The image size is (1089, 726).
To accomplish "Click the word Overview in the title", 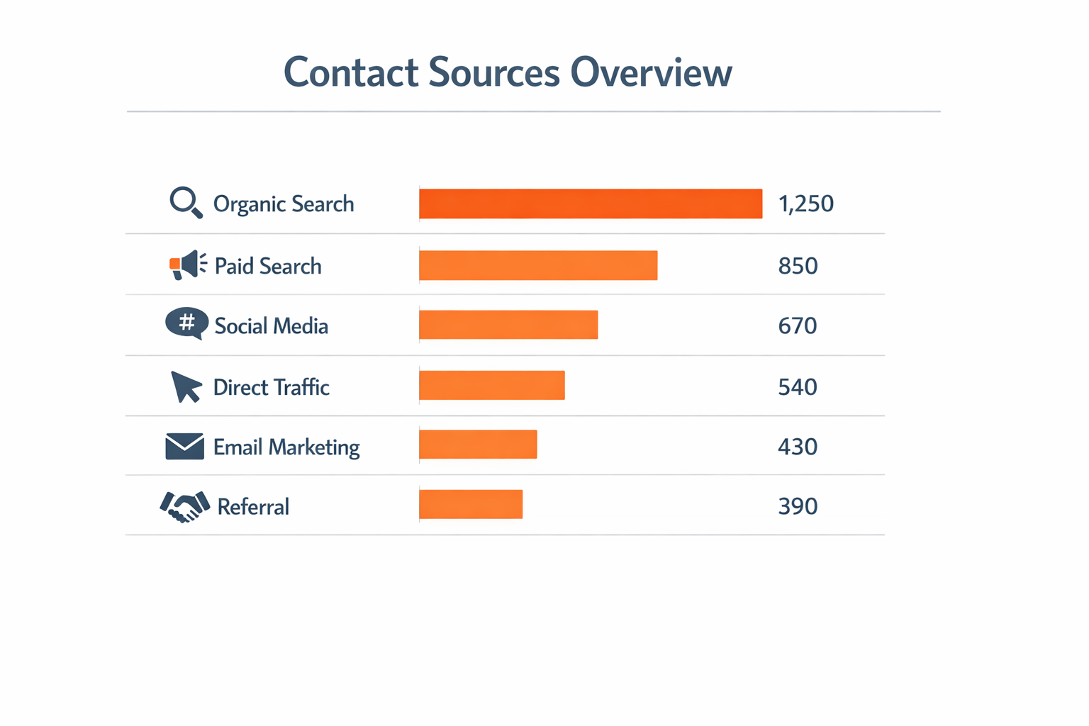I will coord(651,72).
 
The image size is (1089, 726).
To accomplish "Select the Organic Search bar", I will coord(591,204).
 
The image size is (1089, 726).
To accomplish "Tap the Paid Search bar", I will coord(538,265).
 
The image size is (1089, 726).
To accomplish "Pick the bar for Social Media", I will coord(508,325).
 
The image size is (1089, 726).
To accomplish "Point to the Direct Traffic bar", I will coord(492,385).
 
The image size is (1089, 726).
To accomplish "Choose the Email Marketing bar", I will coord(478,444).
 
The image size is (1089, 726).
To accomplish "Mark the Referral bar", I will coord(471,504).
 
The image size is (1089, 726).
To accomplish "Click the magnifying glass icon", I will coord(186,203).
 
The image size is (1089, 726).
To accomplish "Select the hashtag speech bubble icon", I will coord(187,323).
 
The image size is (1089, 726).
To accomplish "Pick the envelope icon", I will coord(184,447).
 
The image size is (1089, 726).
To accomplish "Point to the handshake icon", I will coord(185,506).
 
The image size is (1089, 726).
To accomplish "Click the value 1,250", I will coord(805,204).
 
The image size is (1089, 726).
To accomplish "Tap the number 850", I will coord(798,266).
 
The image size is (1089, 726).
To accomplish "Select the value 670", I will coord(798,326).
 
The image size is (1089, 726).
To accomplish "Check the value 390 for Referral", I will coord(798,506).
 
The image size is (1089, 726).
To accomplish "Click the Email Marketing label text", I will coord(286,447).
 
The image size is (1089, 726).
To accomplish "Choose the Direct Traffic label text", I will coord(272,387).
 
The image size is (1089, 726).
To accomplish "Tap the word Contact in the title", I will coord(351,72).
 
